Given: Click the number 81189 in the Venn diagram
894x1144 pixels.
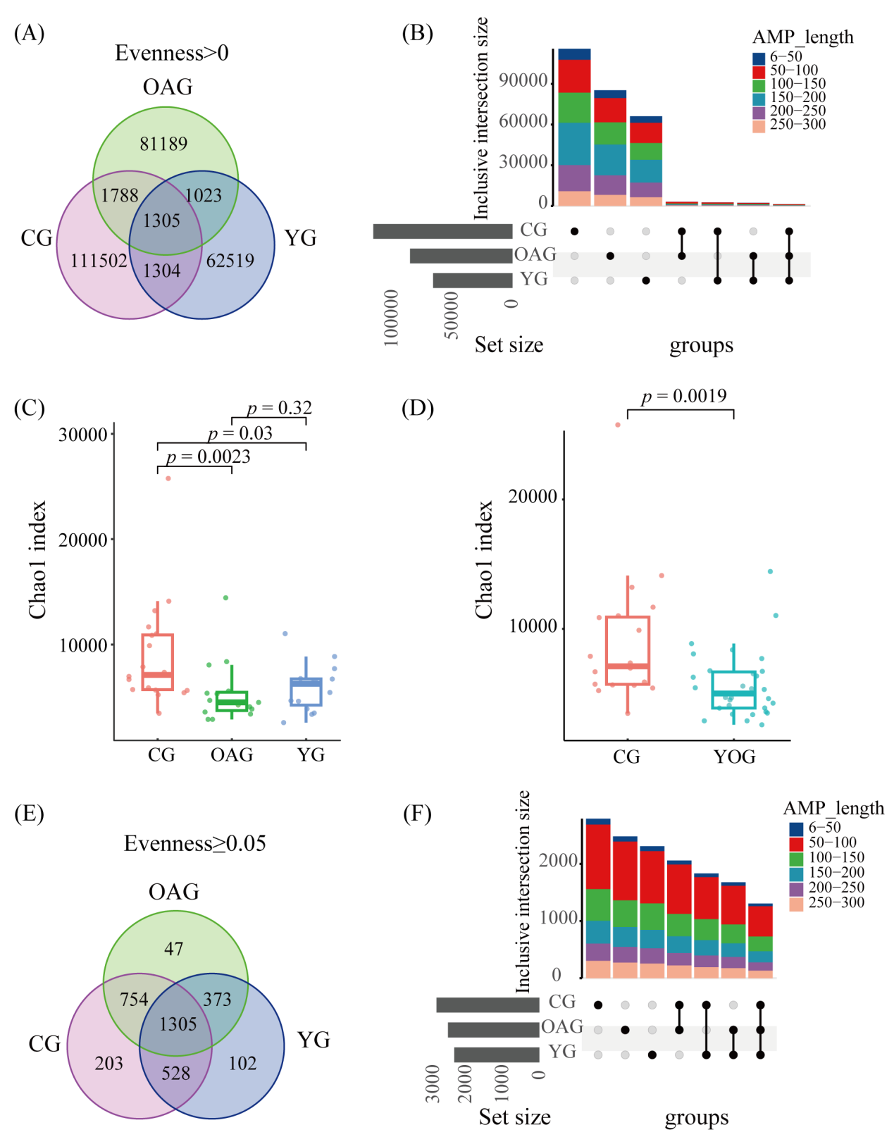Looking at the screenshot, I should tap(163, 144).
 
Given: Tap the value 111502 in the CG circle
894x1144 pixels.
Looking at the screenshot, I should tap(99, 261).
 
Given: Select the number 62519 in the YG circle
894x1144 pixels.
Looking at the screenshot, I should tap(230, 261).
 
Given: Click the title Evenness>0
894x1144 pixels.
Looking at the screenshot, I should tap(172, 53).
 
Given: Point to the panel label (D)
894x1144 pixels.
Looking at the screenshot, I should tap(417, 408).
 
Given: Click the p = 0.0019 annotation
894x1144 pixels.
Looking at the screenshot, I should tap(683, 397).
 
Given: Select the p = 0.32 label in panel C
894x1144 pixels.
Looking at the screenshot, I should tap(279, 408).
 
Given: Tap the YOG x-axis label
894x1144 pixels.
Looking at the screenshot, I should tap(734, 757).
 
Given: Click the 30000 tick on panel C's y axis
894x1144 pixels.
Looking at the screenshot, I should tap(83, 435).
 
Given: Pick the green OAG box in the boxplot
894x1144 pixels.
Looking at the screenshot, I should tap(232, 702).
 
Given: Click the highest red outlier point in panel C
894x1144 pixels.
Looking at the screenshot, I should tap(168, 478).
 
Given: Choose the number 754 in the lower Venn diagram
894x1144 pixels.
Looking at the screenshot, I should tap(134, 999).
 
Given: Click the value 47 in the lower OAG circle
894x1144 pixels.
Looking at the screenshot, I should tap(174, 949).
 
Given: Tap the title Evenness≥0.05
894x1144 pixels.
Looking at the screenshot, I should tap(195, 843).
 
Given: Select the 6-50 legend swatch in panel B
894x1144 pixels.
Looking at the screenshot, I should tap(759, 58).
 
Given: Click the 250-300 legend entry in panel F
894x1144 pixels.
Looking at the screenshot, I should tap(836, 902).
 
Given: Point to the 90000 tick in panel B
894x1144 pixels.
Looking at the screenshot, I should tap(523, 80).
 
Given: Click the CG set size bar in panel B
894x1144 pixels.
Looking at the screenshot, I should tap(442, 231).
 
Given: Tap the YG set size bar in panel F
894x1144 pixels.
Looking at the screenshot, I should tap(497, 1055).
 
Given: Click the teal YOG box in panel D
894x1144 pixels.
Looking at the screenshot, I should tap(733, 690).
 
